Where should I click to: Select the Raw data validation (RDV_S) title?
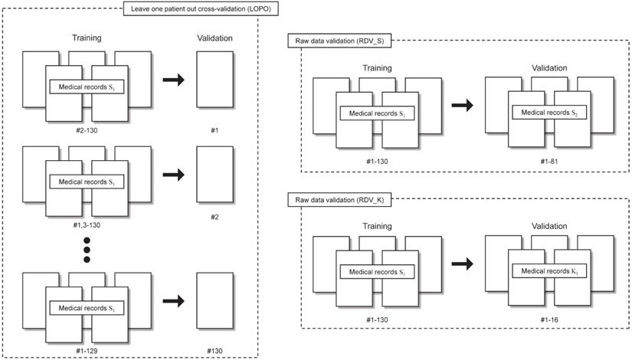tap(330, 40)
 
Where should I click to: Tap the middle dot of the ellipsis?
tap(87, 248)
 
